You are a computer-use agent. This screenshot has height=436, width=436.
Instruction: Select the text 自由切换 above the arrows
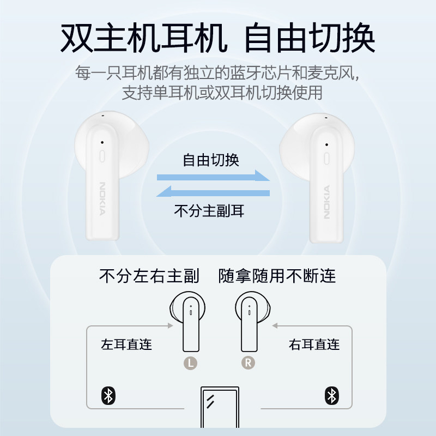210,161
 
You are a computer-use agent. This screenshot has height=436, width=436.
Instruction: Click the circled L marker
190,362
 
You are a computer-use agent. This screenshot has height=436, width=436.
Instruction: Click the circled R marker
248,362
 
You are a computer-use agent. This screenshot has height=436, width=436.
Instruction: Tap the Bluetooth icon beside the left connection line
108,396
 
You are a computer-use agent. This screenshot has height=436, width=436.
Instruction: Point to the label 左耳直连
126,344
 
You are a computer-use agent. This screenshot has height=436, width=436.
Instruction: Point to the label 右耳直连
314,344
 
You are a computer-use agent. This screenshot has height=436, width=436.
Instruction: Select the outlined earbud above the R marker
252,322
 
